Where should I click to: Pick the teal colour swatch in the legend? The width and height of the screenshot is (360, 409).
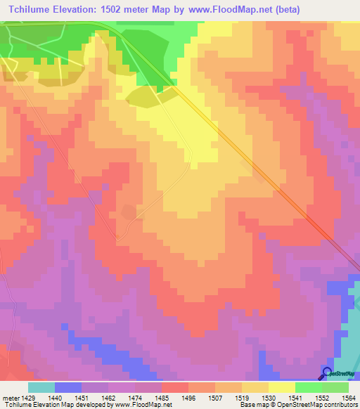click(41, 387)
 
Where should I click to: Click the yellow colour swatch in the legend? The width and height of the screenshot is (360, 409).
click(281, 387)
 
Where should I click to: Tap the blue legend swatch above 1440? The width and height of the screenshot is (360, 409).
click(67, 387)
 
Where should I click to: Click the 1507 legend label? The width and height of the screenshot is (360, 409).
click(215, 397)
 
